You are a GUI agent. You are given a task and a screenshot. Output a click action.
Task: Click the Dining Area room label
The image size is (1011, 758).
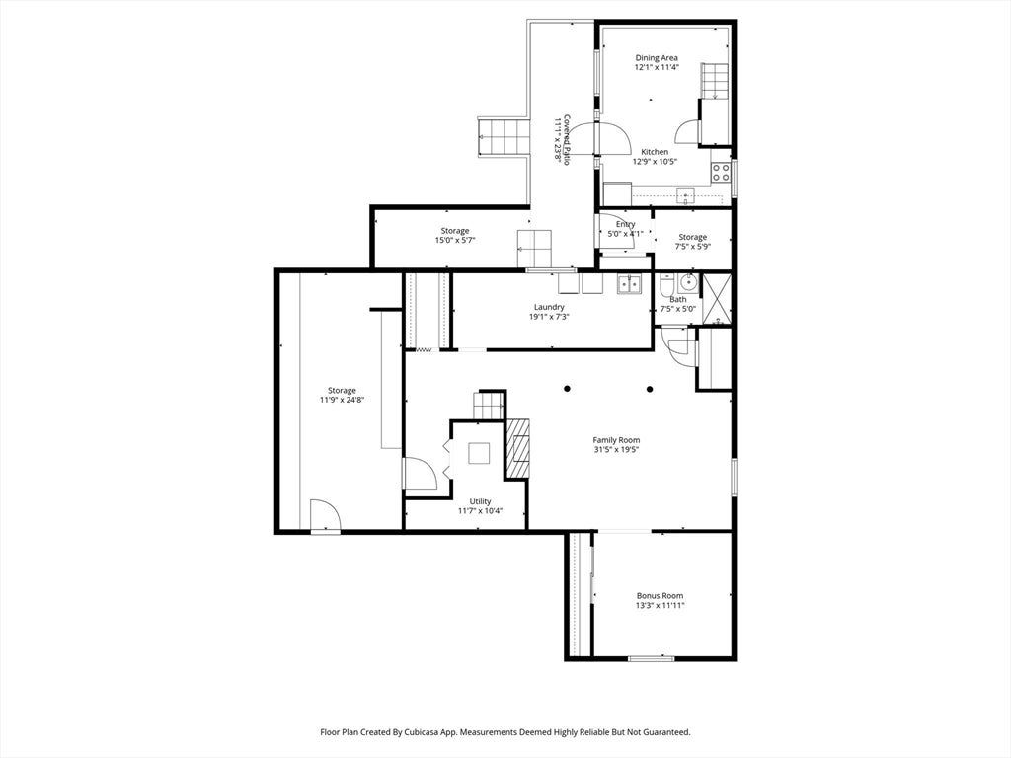coord(657,58)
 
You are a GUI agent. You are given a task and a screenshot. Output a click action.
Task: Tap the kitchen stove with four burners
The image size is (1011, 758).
coord(721,172)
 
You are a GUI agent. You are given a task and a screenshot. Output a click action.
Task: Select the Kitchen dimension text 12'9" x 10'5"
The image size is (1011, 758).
coord(655,162)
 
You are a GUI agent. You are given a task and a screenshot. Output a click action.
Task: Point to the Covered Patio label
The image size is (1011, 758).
coord(567,140)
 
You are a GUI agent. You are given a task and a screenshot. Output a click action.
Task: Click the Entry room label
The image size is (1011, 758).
coord(625,224)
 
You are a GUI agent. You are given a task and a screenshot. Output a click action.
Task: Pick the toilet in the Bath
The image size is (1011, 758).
coord(666,282)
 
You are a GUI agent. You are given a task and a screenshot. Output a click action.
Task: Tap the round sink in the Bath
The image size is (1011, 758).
coord(689,281)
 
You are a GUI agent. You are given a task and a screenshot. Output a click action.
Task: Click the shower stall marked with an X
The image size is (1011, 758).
coord(716,298)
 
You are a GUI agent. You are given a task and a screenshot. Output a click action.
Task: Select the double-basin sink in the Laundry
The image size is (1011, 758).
coord(629,283)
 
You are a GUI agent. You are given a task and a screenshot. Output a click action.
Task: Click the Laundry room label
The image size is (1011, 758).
coord(549,308)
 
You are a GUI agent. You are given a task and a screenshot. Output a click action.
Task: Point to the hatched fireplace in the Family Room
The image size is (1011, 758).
coord(516,448)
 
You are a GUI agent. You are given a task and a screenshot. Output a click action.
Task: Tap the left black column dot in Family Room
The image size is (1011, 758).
coord(567,389)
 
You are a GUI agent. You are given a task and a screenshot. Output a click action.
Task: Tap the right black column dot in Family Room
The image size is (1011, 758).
coord(650,389)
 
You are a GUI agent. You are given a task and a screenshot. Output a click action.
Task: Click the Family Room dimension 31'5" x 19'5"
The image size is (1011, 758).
coord(616,450)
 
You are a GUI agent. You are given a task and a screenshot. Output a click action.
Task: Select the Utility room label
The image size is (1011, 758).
coord(481,501)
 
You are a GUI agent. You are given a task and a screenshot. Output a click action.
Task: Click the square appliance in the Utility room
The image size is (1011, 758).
coord(479,453)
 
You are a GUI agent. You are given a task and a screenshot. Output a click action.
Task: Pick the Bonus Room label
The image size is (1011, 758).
coord(661,596)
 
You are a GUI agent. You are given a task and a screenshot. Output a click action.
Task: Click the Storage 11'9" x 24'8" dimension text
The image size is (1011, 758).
coord(342,400)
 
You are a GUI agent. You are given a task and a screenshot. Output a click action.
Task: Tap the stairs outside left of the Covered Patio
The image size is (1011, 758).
coord(504,136)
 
